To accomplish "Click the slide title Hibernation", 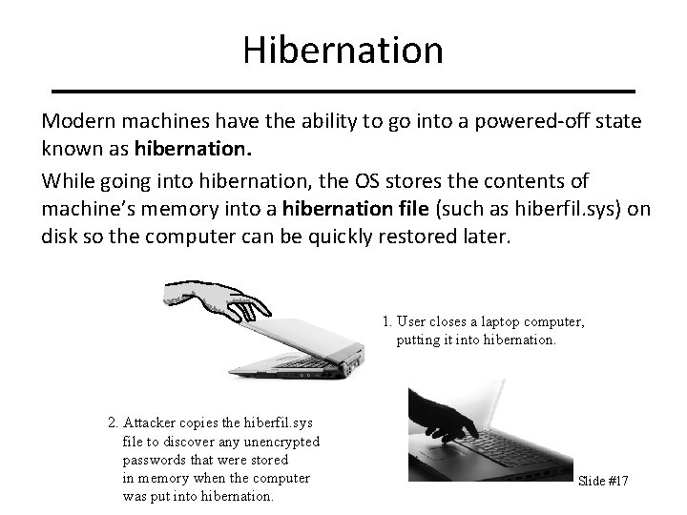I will pyautogui.click(x=343, y=50).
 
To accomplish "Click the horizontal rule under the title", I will pyautogui.click(x=343, y=91).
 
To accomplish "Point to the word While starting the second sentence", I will pyautogui.click(x=66, y=181).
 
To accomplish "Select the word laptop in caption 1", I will pyautogui.click(x=501, y=322).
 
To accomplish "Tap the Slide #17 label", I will pyautogui.click(x=603, y=481).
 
